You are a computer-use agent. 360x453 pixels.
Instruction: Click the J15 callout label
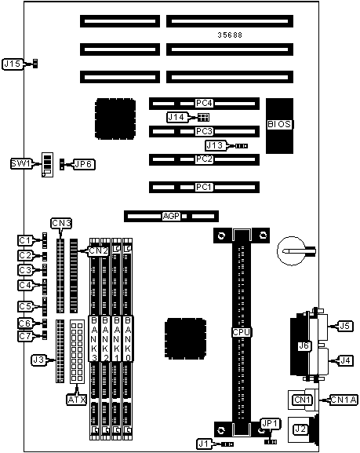[x=13, y=64]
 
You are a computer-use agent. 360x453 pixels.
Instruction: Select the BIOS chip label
[x=279, y=124]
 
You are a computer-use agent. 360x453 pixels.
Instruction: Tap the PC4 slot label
[x=204, y=103]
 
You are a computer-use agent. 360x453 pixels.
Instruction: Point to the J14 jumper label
[x=177, y=117]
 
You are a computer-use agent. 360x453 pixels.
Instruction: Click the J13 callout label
[x=216, y=145]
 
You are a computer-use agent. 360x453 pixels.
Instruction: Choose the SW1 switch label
[x=21, y=164]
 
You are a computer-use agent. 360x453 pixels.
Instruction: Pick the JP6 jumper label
[x=84, y=164]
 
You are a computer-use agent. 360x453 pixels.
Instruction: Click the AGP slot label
[x=172, y=216]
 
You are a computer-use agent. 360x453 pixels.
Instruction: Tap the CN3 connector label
[x=61, y=223]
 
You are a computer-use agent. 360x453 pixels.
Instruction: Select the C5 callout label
[x=25, y=306]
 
